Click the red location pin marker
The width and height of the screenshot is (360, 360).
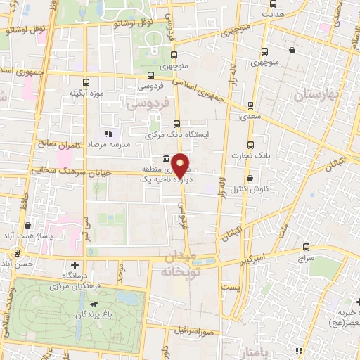coord(180,165)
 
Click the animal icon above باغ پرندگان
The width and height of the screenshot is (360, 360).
coord(93,304)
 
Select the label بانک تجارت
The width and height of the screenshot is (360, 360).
coord(253,154)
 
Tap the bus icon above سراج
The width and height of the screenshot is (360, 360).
coord(306,247)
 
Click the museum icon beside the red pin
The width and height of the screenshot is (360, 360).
coord(165,157)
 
